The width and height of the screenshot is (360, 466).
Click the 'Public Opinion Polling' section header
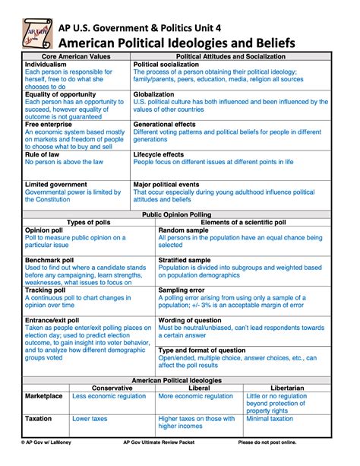(181, 215)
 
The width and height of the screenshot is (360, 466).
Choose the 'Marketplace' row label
(43, 396)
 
